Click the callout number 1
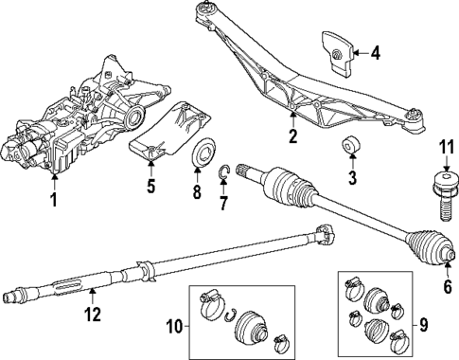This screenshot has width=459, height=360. pyautogui.click(x=54, y=200)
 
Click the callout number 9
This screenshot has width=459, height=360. pyautogui.click(x=424, y=325)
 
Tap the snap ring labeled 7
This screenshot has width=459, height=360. pyautogui.click(x=223, y=171)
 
